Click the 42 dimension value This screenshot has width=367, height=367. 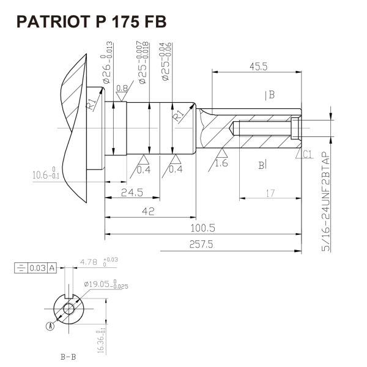coord(148,211)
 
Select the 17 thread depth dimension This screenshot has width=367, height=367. coord(270,193)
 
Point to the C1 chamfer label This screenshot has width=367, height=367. coord(308,154)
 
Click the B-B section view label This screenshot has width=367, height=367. coord(68,356)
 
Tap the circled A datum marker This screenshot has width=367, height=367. coord(50,326)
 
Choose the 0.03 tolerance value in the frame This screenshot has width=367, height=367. coord(38,267)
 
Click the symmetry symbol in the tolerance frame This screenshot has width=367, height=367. coord(22,267)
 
